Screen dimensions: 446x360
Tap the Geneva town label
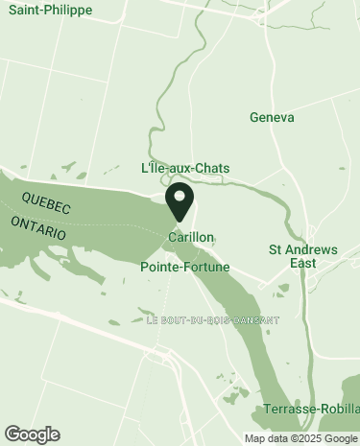pos(270,117)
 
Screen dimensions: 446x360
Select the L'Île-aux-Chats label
pos(185,168)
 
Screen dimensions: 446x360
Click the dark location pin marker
pos(180,202)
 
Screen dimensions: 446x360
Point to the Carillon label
pos(190,236)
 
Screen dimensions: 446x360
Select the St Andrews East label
pos(303,256)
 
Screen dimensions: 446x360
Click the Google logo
pos(32,434)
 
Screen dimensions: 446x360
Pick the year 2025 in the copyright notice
pos(308,438)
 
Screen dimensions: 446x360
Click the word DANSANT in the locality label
pos(254,320)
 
